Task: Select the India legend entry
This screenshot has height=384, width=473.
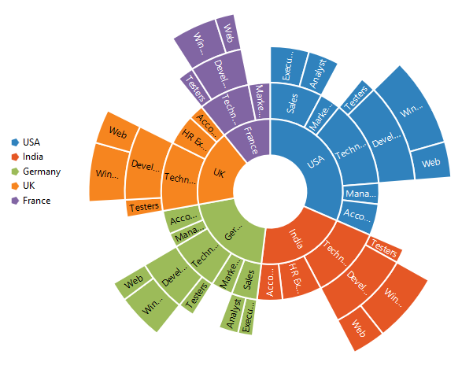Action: (x=31, y=157)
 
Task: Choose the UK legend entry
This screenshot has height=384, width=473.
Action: (x=28, y=186)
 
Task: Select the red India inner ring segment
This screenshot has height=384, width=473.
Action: (x=295, y=236)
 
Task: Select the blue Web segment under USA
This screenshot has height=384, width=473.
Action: (x=431, y=163)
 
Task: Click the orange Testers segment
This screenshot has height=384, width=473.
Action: (x=143, y=208)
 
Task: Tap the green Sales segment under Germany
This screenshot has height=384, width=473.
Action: (x=249, y=277)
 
